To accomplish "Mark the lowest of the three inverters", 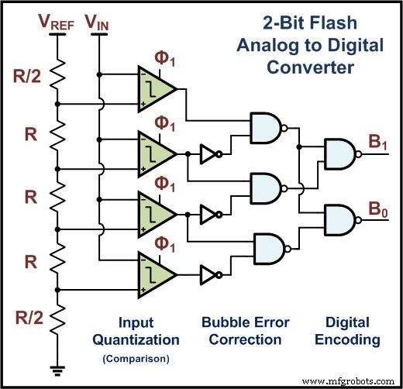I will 209,274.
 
